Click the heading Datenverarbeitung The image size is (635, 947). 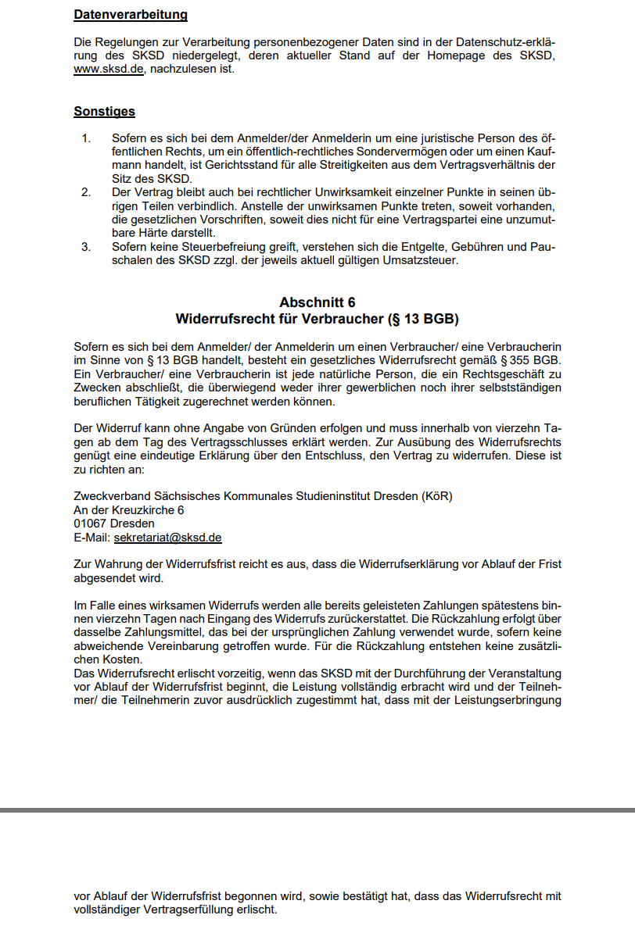click(131, 15)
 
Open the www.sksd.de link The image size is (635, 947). click(109, 69)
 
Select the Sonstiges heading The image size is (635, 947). click(104, 112)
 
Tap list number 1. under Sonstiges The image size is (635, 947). click(86, 138)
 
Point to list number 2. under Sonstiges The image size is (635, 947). click(86, 192)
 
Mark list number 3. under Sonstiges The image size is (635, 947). click(86, 247)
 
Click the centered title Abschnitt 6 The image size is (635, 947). click(317, 302)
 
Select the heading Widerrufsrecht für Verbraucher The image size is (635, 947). click(317, 319)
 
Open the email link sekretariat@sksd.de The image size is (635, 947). click(168, 538)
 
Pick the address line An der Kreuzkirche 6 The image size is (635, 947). click(128, 509)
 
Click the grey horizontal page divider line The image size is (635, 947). click(317, 810)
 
